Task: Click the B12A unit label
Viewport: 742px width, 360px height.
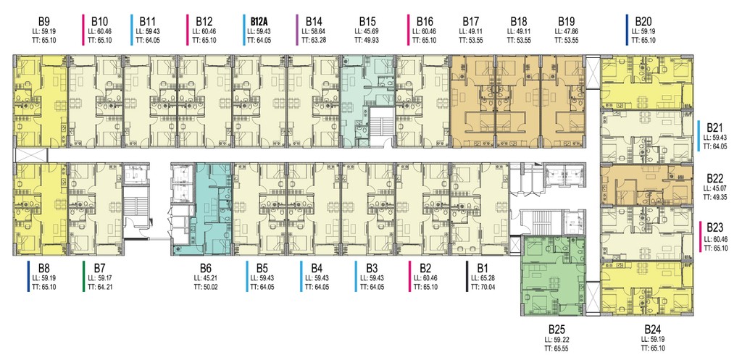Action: click(260, 22)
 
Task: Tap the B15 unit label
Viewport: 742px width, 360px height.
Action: click(367, 22)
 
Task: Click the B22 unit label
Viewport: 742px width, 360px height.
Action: click(716, 178)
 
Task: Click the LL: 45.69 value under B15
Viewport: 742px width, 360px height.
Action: click(367, 32)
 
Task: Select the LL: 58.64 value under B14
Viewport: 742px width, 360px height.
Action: click(314, 32)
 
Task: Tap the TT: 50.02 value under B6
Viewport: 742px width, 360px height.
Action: click(204, 287)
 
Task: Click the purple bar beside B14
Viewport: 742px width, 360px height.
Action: click(297, 30)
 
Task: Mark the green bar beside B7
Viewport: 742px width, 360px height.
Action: click(83, 276)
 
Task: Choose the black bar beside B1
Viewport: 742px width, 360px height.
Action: click(467, 276)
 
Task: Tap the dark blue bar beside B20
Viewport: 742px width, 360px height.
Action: click(627, 30)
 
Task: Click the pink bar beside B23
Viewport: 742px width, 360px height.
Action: click(699, 237)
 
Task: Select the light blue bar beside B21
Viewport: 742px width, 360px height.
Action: click(699, 135)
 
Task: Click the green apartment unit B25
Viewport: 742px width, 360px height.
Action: click(554, 277)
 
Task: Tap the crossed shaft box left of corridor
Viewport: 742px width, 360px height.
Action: click(31, 155)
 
